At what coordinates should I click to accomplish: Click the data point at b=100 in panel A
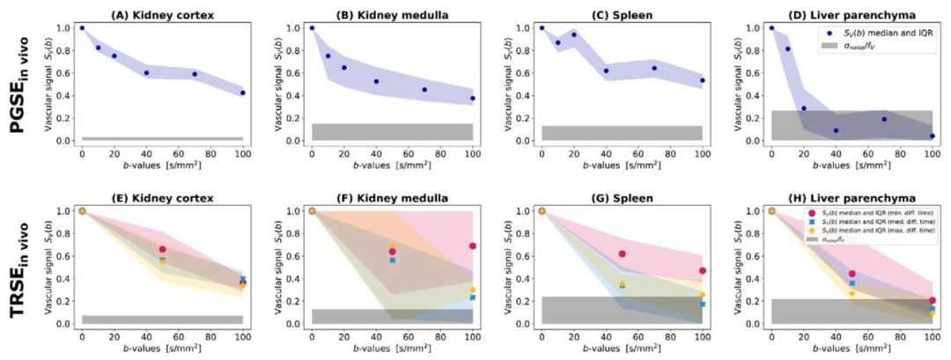point(242,92)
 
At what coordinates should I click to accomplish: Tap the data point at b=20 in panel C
point(574,34)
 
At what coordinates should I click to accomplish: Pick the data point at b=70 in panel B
point(424,89)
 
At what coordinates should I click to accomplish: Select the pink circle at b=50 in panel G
point(623,253)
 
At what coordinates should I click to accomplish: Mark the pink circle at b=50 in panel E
point(162,249)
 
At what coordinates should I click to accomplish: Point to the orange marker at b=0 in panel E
point(82,210)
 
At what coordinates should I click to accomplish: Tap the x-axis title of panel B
point(392,164)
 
